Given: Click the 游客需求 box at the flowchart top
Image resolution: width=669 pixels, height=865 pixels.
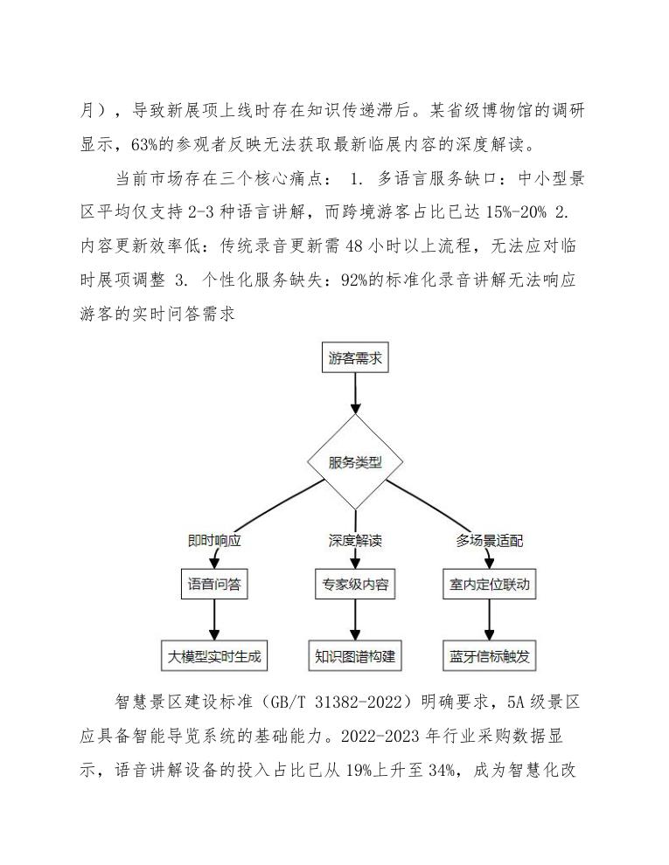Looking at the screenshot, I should tap(355, 359).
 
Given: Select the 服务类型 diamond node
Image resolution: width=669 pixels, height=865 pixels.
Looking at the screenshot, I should tap(355, 463).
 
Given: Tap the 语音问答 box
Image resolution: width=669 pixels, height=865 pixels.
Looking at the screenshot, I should tap(213, 585).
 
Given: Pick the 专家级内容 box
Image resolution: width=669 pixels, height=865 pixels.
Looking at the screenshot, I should tap(355, 585).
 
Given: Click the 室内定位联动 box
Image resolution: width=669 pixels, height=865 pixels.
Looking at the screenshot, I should tap(489, 585).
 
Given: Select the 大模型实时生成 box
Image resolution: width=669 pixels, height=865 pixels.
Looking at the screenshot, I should tap(213, 656).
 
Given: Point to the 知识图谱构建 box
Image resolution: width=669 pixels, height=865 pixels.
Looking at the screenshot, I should tap(355, 656).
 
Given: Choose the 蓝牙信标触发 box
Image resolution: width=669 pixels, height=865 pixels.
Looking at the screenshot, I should tap(489, 656).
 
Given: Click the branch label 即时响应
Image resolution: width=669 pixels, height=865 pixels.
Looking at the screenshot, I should tap(213, 541).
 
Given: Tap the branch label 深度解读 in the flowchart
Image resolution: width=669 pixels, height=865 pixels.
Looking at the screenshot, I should tap(355, 541).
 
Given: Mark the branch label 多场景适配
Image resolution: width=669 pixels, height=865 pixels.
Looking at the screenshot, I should tap(489, 541).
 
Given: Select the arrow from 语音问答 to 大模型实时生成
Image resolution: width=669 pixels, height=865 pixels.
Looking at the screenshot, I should tap(213, 619).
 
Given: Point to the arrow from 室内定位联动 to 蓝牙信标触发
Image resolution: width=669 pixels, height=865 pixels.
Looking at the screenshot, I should tap(489, 619).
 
